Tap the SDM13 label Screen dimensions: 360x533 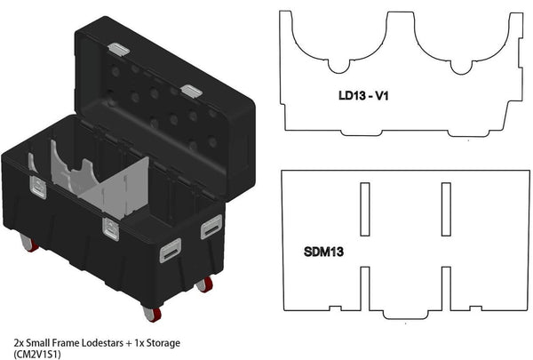point(323,252)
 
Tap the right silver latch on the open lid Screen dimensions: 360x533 point(190,91)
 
